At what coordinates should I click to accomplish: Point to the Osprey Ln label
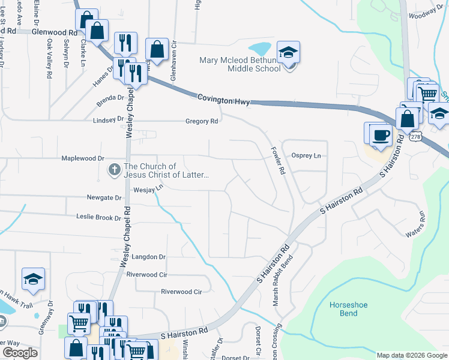(306, 156)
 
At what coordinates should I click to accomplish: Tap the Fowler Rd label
(277, 161)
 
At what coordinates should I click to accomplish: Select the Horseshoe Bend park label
(348, 309)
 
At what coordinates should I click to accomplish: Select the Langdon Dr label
(148, 257)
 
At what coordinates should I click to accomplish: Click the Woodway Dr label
(435, 11)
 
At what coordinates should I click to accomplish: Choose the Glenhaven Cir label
(173, 56)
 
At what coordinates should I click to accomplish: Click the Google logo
(20, 353)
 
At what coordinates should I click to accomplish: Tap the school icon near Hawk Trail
(33, 279)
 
